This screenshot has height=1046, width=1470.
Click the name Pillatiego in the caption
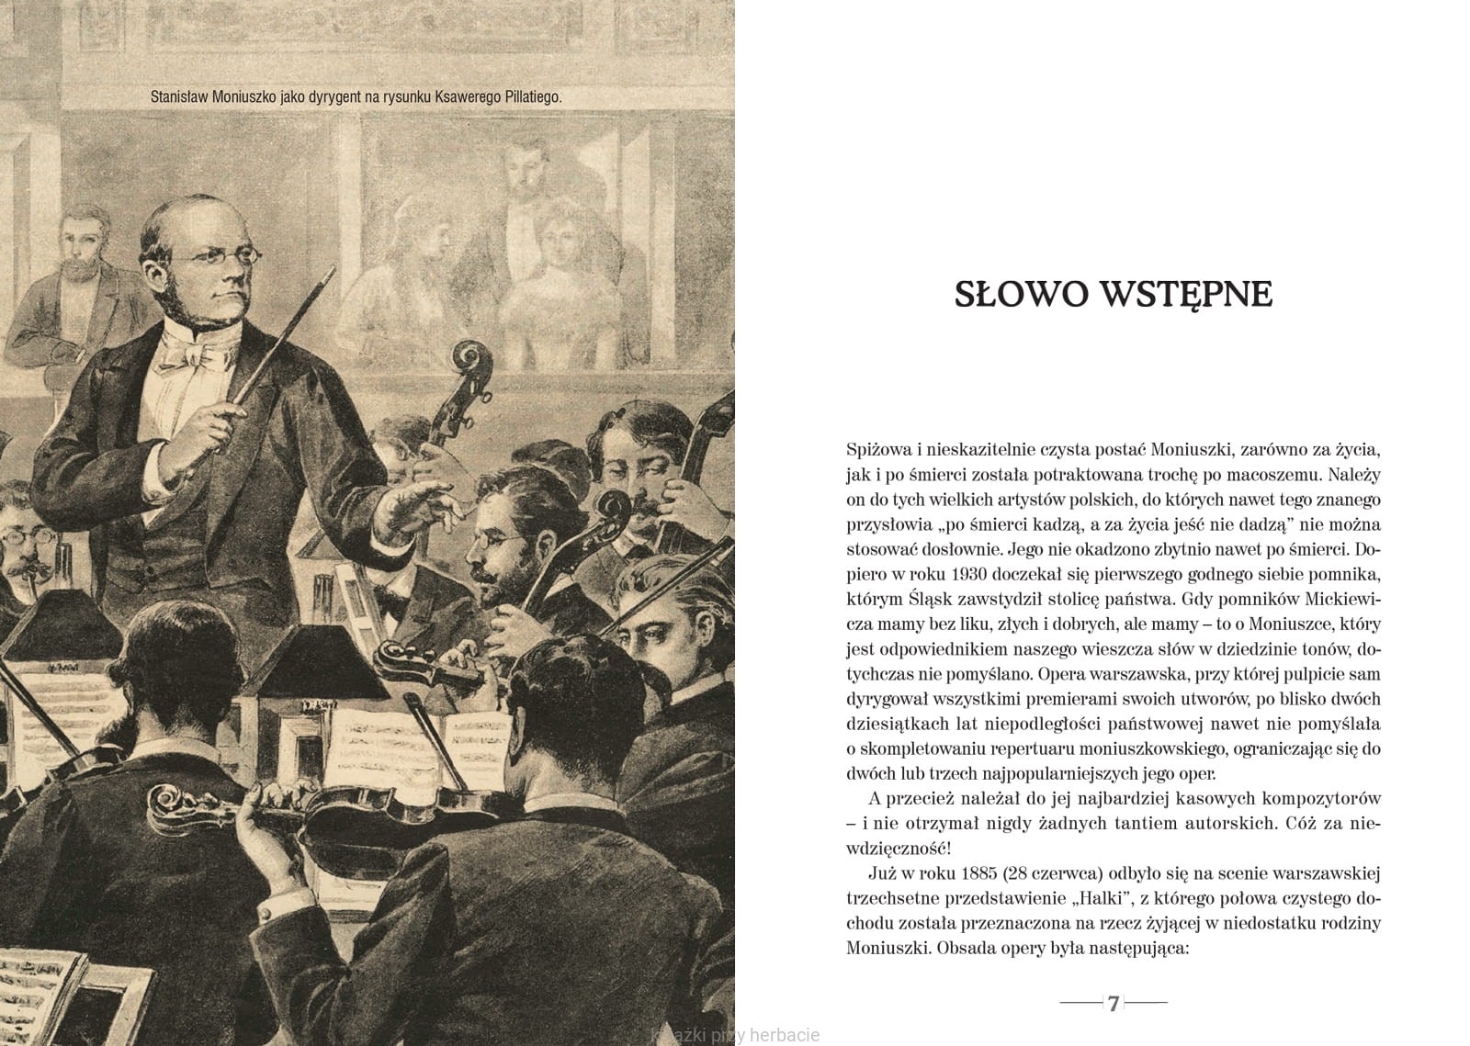(527, 96)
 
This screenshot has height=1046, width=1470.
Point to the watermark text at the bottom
(734, 1036)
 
